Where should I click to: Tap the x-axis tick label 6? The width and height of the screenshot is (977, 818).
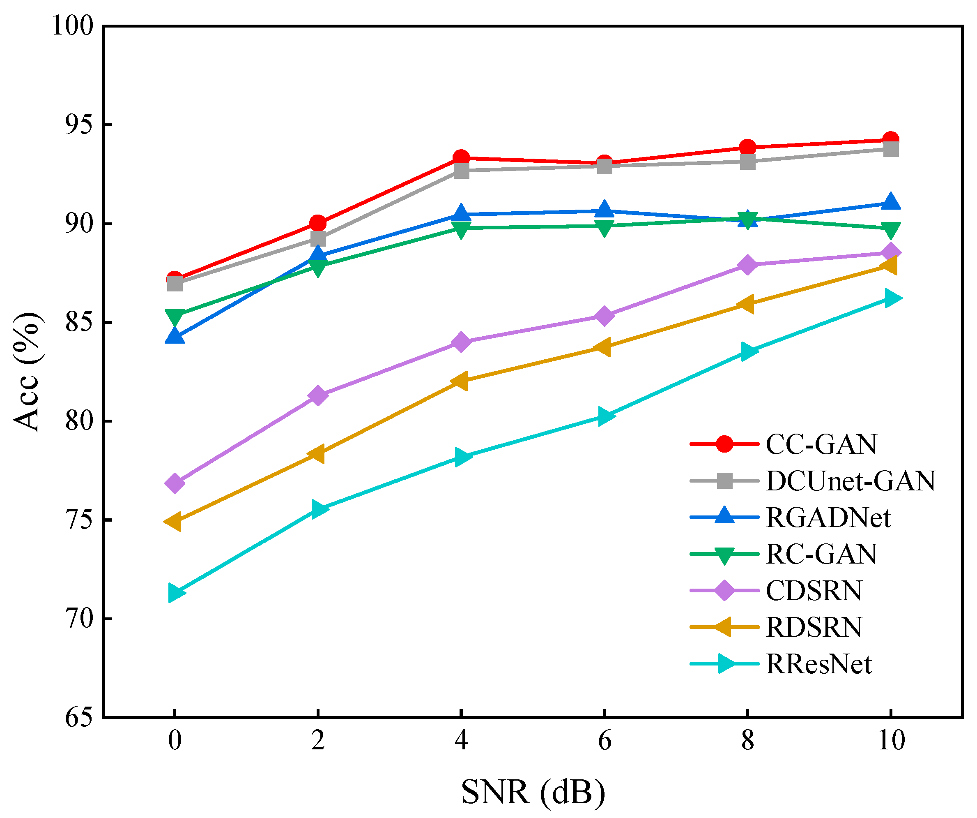coord(604,741)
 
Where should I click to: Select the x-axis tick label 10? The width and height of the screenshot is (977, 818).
coord(891,741)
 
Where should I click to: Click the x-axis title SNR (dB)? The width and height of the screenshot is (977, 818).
coord(533,791)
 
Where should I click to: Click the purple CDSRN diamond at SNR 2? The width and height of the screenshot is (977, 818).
coord(318,396)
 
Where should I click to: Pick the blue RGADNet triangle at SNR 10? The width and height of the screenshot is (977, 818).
coord(890,202)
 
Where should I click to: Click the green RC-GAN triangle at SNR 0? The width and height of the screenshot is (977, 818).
coord(175,317)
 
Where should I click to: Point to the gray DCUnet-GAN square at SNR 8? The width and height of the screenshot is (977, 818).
coord(747,162)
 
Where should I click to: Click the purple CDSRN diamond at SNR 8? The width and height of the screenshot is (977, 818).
coord(747,265)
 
